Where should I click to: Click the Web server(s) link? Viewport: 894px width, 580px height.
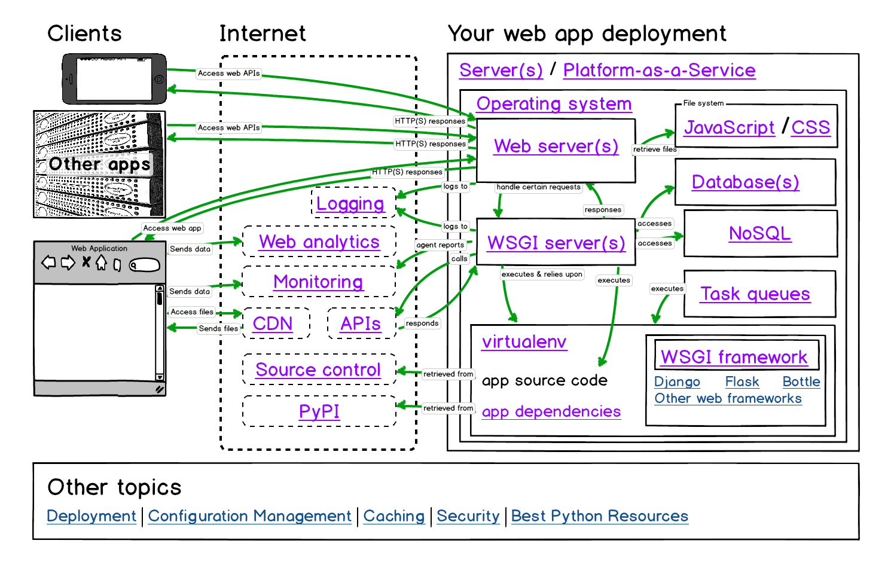556,146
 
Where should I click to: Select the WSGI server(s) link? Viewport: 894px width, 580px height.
556,243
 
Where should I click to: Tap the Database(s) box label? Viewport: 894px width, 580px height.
745,182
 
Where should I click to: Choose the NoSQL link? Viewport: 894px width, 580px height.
759,234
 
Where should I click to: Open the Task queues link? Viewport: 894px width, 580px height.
755,294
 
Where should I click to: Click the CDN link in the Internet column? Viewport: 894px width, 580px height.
273,324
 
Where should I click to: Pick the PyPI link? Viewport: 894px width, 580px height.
319,412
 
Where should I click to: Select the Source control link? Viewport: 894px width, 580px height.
318,370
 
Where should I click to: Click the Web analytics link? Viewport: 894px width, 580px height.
319,242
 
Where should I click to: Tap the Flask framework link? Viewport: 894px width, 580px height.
742,382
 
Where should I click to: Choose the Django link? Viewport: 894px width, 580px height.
677,382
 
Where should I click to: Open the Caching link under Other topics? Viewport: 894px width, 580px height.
393,517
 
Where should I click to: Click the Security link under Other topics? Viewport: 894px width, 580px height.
468,517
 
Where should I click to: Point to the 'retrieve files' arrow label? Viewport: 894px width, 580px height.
655,149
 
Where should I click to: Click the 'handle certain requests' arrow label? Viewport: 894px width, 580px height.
538,187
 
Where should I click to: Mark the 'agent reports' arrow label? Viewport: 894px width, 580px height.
440,245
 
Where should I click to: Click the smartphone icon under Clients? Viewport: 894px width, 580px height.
114,79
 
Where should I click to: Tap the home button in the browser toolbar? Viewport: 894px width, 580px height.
101,262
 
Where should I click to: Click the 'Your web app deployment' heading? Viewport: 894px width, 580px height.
587,34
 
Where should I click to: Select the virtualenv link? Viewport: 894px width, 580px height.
524,342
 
